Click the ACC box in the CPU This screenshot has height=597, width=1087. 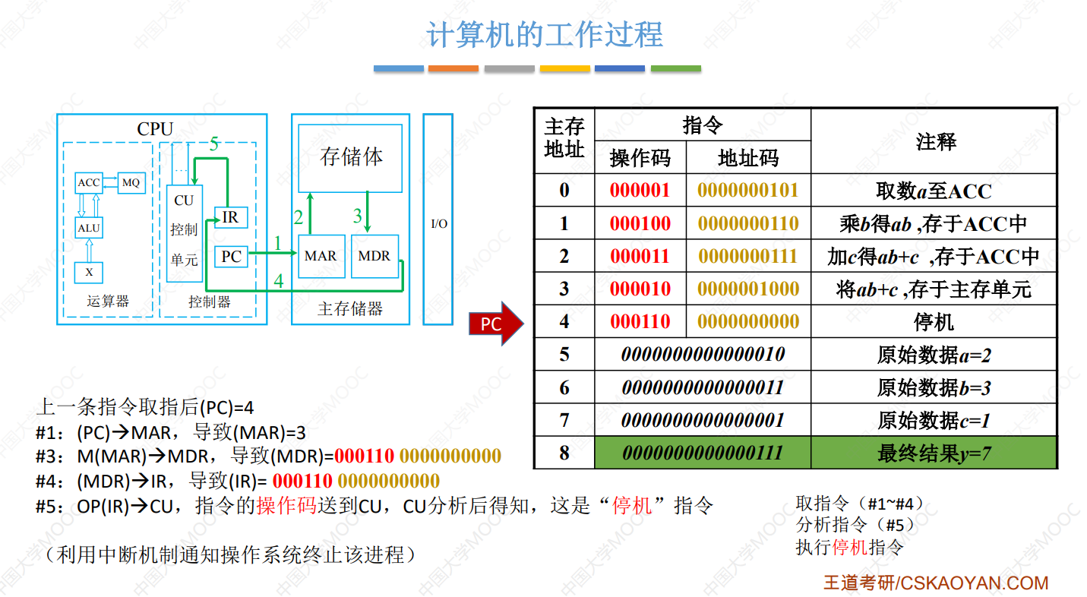89,183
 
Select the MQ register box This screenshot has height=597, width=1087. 131,183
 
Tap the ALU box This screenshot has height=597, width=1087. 89,228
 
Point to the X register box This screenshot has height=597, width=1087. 89,272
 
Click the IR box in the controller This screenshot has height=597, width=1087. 231,217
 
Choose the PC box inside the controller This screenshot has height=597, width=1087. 231,256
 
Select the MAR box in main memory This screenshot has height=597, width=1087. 321,256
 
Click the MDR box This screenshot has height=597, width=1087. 374,256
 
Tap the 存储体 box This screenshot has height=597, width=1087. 350,158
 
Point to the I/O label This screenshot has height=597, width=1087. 439,224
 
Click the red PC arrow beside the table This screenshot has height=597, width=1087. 496,324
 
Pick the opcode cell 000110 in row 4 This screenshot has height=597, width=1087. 640,321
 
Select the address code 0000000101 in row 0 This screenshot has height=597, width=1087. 747,190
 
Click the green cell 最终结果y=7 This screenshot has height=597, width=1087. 934,453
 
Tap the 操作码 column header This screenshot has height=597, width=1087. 640,158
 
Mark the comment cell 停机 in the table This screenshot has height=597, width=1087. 934,321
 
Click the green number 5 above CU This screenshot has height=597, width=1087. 214,144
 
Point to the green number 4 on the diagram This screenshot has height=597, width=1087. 279,280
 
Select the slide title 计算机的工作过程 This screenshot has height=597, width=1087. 545,34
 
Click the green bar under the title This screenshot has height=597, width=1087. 676,69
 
